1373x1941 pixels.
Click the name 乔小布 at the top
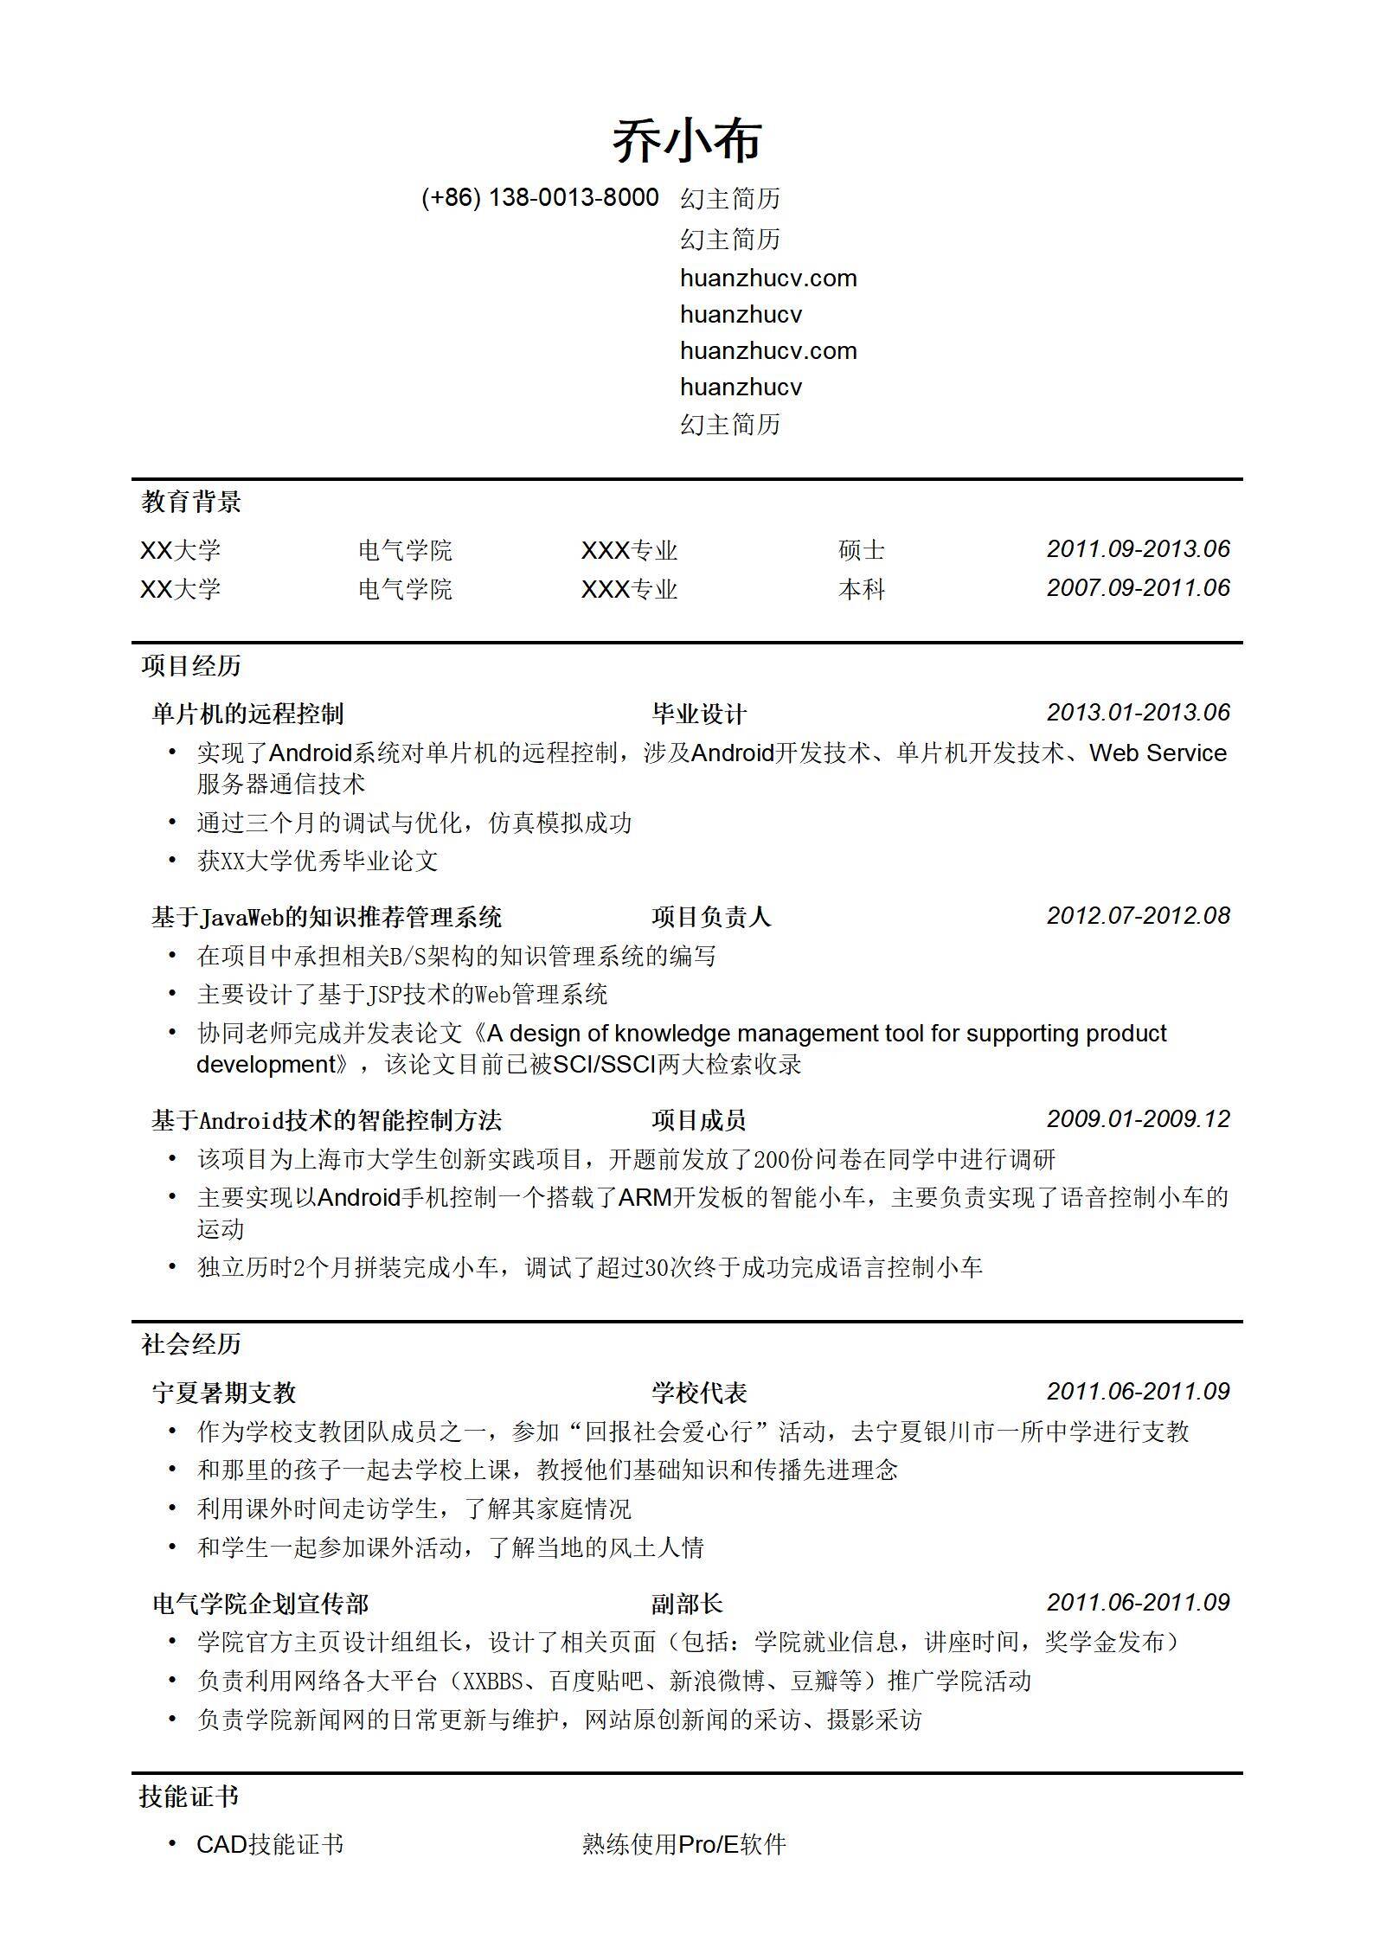(x=686, y=141)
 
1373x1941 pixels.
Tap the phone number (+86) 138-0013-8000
(x=540, y=198)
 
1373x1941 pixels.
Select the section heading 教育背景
(x=191, y=502)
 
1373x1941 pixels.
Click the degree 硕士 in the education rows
(x=861, y=550)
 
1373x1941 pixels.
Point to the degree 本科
(x=861, y=590)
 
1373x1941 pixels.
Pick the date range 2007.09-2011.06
(x=1138, y=588)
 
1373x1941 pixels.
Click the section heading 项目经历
(x=191, y=666)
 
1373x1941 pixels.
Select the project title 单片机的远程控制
(x=247, y=714)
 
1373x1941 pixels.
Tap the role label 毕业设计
(x=698, y=714)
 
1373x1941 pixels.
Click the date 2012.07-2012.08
(x=1138, y=916)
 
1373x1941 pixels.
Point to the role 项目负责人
(x=710, y=917)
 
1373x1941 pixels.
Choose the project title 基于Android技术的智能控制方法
(x=326, y=1121)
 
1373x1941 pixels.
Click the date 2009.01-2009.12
(x=1138, y=1119)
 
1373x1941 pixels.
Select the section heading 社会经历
(x=191, y=1344)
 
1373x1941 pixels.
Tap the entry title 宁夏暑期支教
(x=224, y=1393)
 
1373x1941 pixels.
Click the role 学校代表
(x=698, y=1393)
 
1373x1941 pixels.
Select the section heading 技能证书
(x=189, y=1797)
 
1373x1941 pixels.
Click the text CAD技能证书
(x=270, y=1845)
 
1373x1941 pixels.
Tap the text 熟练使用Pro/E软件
(x=683, y=1845)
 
